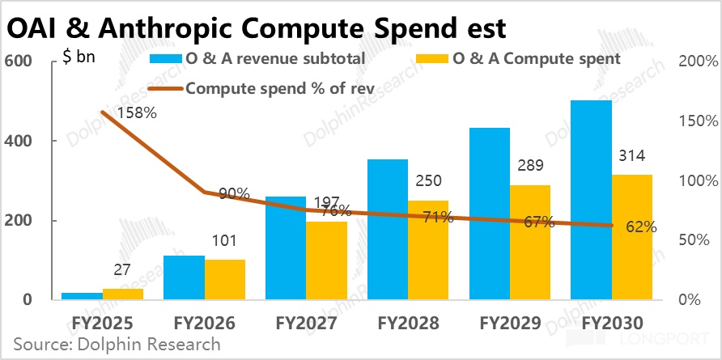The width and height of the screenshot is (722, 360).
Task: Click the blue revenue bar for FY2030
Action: coord(591,201)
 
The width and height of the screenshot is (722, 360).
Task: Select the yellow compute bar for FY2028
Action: coord(427,251)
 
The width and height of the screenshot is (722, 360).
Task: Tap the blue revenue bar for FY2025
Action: coord(82,296)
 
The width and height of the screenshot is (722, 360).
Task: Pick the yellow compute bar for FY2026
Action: coord(225,280)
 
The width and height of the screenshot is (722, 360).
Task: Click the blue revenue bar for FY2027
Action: coord(286,248)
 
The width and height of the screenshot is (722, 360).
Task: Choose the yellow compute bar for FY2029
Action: coord(529,243)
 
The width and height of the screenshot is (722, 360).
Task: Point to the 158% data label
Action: coord(136,112)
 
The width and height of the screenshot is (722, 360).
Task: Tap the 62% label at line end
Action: coord(641,227)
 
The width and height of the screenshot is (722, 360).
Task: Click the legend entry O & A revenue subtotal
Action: coord(257,59)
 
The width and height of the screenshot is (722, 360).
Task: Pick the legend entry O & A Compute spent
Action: coord(518,59)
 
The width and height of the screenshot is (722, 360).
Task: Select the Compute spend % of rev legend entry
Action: coord(261,88)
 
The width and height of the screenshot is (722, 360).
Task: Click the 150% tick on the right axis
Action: coord(699,121)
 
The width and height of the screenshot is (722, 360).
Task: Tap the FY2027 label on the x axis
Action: coord(306,323)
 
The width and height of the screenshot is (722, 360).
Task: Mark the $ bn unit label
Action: coord(79,58)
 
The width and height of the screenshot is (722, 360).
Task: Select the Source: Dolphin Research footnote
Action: coord(117,344)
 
